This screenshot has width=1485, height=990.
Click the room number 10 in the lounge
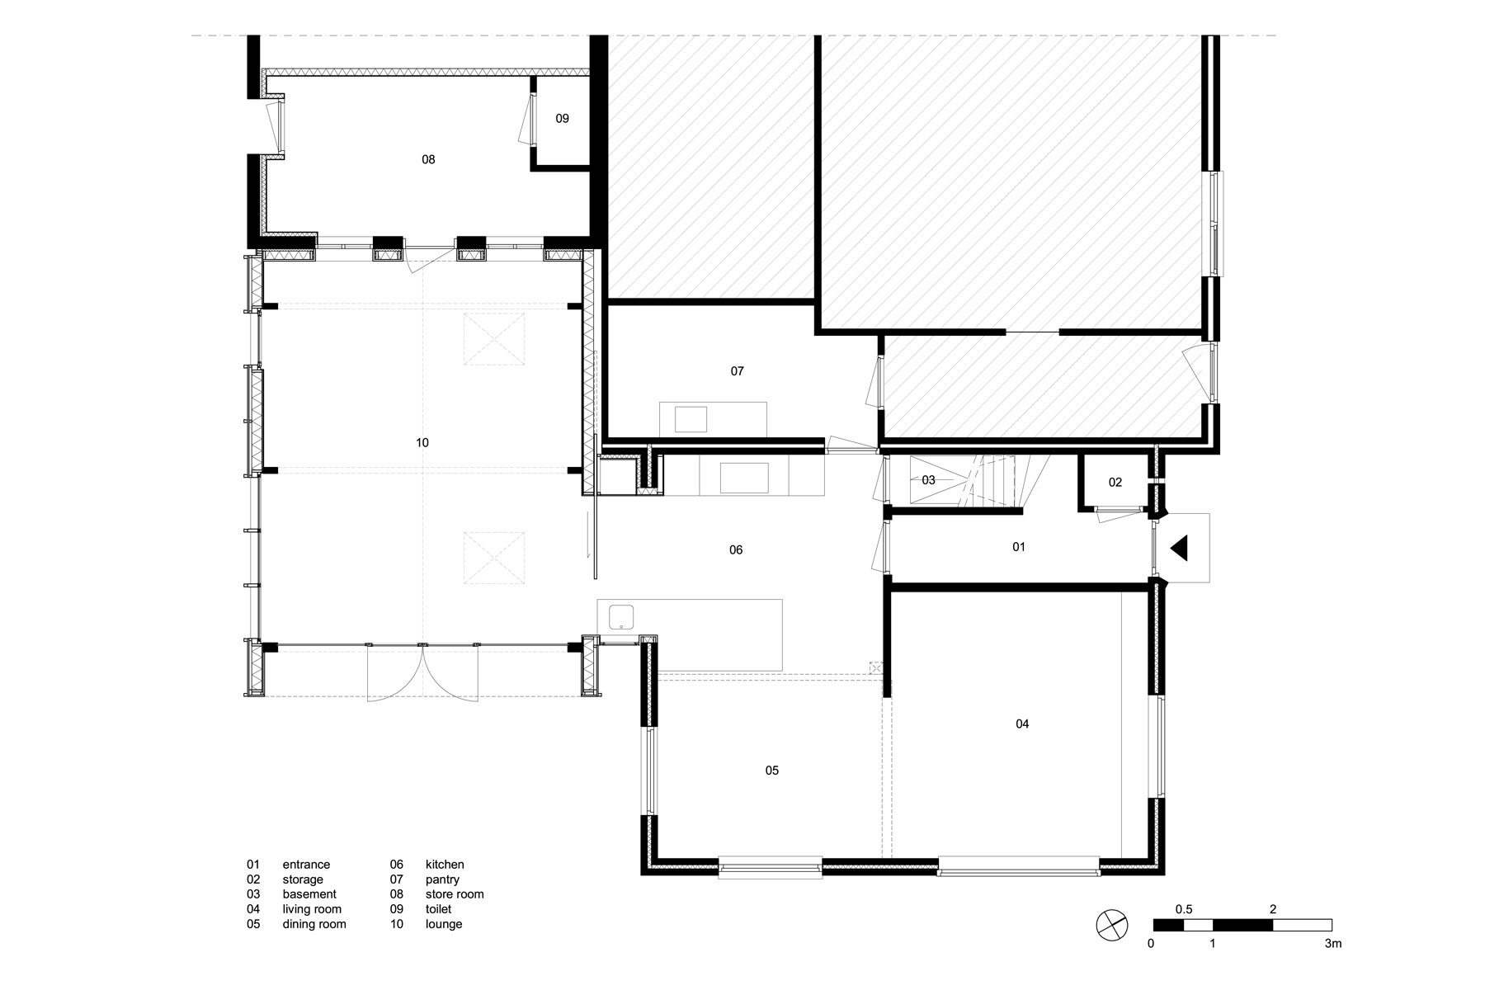(x=422, y=443)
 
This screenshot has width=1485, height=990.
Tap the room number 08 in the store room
(x=428, y=159)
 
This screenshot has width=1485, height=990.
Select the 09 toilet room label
(x=562, y=119)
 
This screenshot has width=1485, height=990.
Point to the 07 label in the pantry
(x=738, y=371)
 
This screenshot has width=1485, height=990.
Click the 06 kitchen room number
(x=736, y=549)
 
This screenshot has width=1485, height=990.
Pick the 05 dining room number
(x=772, y=771)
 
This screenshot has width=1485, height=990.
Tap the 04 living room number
(x=1022, y=724)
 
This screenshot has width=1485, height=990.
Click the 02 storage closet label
(x=1115, y=483)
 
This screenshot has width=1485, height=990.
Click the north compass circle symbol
(x=1112, y=923)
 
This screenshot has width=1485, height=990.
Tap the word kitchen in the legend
(x=445, y=865)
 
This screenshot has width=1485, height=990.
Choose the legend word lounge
(x=444, y=924)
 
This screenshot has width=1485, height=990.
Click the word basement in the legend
(x=309, y=894)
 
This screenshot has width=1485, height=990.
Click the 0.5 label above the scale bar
(x=1184, y=909)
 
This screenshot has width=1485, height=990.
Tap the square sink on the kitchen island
(x=621, y=616)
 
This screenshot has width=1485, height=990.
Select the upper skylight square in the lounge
(x=494, y=338)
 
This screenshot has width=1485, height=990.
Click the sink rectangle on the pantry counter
(x=691, y=419)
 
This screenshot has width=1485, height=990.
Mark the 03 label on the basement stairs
(x=928, y=480)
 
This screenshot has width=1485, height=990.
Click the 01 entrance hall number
(x=1019, y=547)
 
